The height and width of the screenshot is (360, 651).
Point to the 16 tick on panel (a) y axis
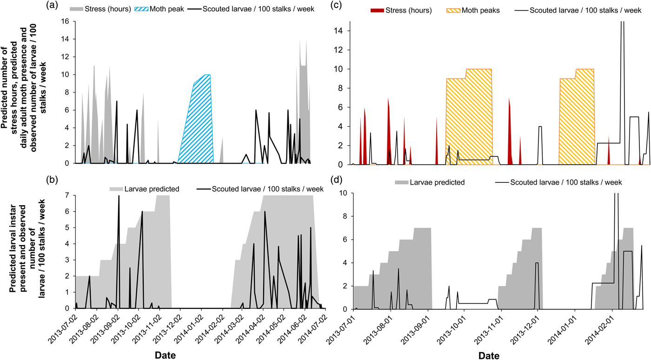pyautogui.click(x=68, y=21)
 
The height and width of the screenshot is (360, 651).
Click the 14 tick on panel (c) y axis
pyautogui.click(x=345, y=31)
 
